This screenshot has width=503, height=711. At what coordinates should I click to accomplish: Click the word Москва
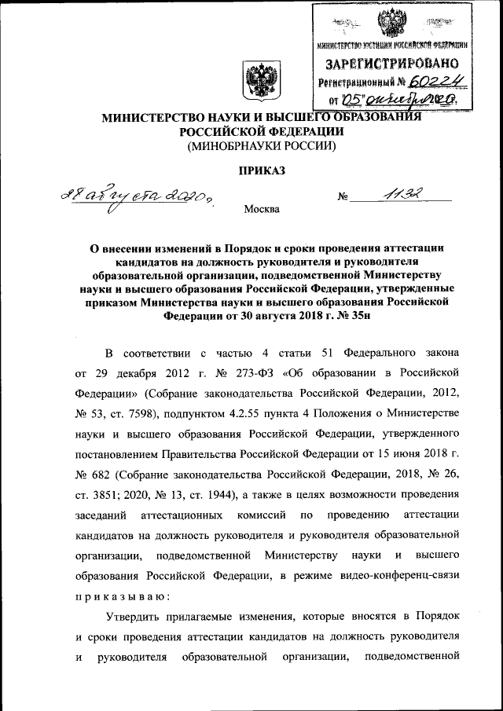[x=261, y=209]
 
